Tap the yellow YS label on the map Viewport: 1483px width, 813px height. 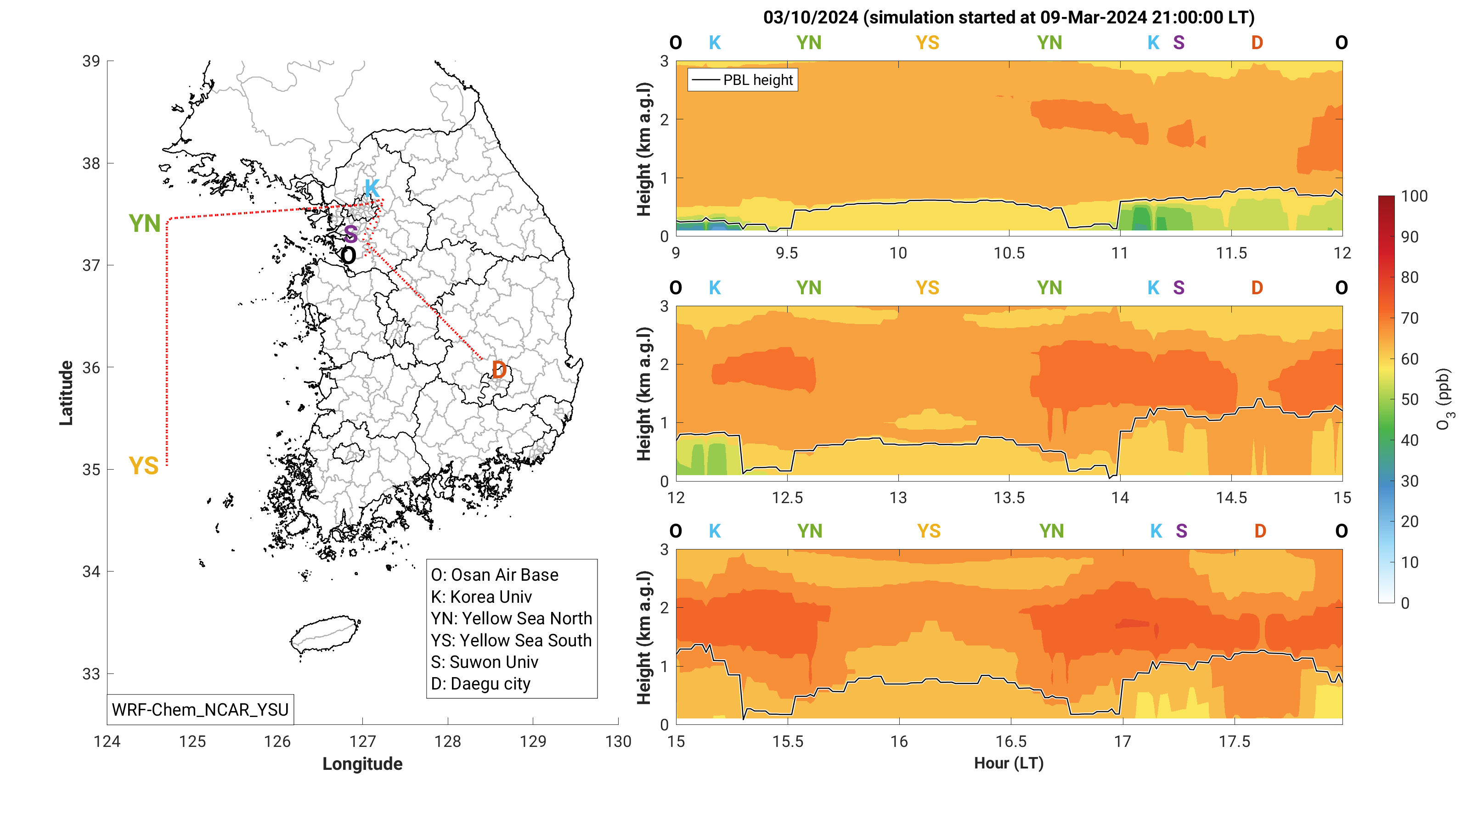(143, 465)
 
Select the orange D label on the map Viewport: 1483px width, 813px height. (499, 370)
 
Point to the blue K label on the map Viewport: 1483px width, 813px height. (372, 188)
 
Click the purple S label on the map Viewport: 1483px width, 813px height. (350, 234)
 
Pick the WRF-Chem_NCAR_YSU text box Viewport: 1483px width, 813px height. (200, 709)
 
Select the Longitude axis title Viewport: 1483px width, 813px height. (362, 763)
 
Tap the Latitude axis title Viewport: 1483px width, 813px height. (66, 393)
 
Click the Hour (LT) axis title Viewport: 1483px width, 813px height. (1009, 763)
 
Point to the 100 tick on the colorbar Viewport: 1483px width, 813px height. (1414, 196)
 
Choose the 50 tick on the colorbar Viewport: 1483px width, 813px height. (1410, 399)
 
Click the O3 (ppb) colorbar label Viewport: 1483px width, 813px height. (1444, 399)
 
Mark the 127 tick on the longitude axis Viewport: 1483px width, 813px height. (362, 741)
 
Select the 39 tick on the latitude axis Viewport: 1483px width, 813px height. (91, 61)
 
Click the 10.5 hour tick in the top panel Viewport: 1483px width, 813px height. (1009, 253)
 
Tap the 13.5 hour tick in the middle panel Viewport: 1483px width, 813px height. (1009, 498)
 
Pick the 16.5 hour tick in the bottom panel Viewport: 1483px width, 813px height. (1011, 741)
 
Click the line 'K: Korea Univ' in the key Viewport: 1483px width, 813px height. (481, 597)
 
